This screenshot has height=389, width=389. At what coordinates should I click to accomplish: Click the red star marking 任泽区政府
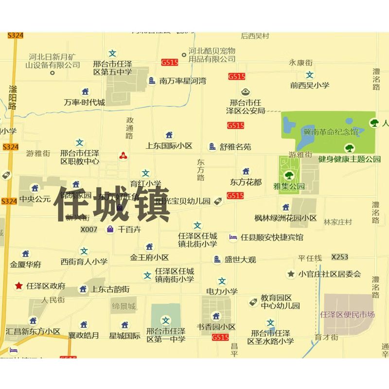pos(19,285)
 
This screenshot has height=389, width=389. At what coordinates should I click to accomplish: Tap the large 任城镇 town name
pos(114,204)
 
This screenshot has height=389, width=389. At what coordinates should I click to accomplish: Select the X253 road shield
pos(339,257)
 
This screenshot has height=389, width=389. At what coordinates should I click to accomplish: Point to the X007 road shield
pos(89,229)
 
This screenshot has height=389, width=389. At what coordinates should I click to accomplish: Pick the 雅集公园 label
pos(289,186)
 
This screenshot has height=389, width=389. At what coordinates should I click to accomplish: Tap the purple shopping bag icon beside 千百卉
pos(110,229)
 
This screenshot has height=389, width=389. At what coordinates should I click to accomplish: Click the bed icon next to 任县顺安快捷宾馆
pos(233,237)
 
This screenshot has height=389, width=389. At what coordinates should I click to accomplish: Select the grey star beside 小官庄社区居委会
pos(291,274)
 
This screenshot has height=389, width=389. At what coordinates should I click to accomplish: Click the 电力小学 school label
pos(222,291)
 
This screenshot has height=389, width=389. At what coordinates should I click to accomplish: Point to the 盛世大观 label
pos(240,260)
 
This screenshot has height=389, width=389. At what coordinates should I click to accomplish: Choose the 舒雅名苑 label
pos(235,146)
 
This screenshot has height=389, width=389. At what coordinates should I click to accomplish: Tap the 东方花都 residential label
pos(246,182)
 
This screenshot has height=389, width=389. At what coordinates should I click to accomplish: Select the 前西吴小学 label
pos(310,85)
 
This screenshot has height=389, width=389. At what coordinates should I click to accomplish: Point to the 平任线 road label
pos(310,258)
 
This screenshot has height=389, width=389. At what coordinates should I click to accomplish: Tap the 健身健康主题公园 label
pos(349,159)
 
